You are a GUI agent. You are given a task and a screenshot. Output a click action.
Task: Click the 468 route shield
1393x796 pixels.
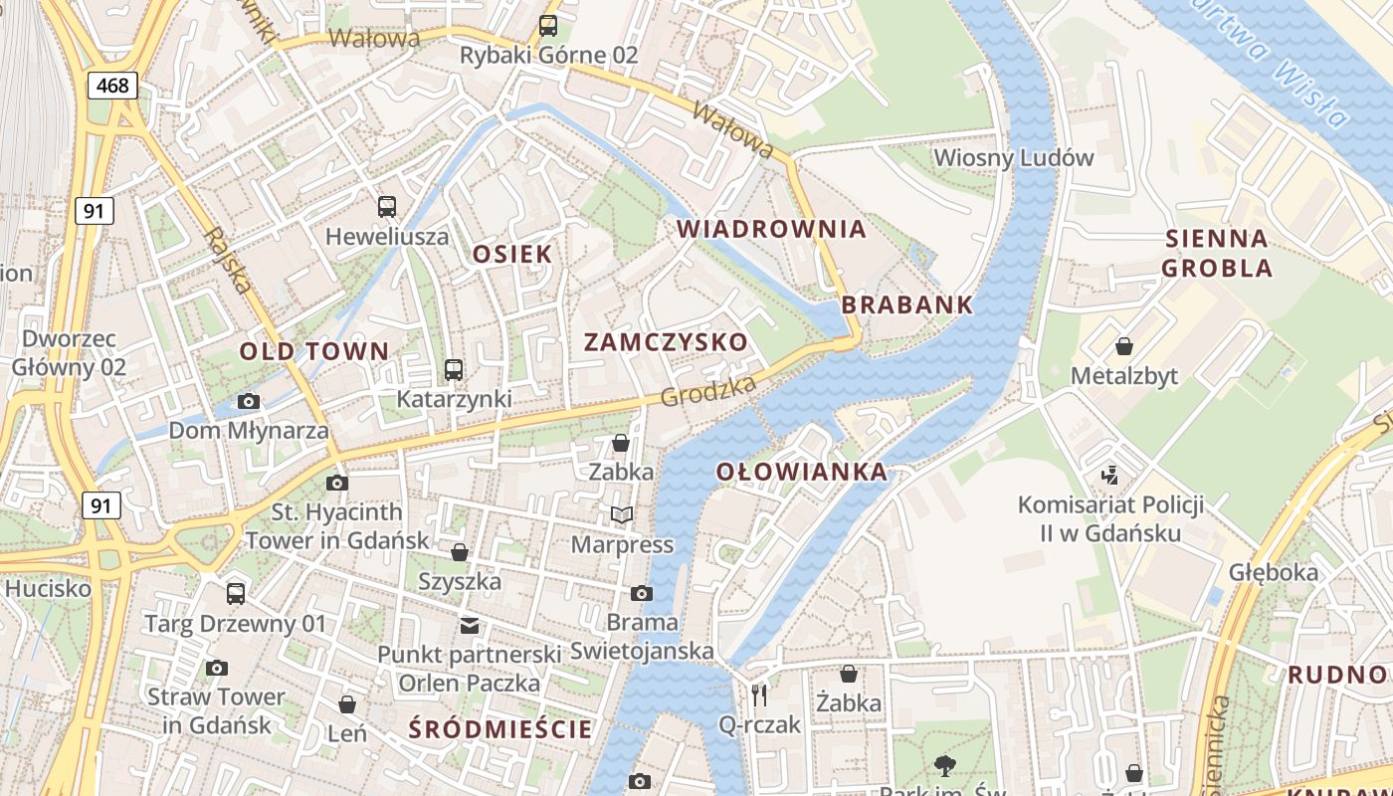click(112, 86)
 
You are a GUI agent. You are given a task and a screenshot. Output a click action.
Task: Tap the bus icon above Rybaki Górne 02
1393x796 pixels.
click(548, 25)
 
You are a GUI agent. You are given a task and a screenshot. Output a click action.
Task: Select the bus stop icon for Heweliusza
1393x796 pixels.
click(387, 207)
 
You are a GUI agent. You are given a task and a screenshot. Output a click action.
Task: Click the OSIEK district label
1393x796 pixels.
click(511, 254)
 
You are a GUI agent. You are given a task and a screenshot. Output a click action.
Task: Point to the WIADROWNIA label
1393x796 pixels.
click(771, 229)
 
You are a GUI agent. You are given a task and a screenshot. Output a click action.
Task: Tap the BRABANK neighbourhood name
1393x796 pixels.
click(906, 305)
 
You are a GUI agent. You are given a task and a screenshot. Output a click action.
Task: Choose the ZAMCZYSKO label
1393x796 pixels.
click(666, 342)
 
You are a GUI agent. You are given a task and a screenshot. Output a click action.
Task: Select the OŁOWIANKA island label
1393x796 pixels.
click(801, 472)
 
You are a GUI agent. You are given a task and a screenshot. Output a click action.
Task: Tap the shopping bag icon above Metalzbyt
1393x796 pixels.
click(1124, 346)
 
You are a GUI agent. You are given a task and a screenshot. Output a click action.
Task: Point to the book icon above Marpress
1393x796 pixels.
click(622, 514)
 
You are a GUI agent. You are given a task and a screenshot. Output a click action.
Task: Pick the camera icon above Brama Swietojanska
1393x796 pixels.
click(642, 593)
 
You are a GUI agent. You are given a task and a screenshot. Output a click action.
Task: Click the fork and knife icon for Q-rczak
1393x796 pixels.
click(760, 695)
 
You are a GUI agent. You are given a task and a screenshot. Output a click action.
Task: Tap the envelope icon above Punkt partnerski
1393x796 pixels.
click(469, 625)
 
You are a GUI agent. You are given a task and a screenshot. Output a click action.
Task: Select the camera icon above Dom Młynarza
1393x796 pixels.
click(249, 401)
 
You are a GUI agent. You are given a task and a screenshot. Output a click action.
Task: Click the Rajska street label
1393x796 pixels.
click(228, 261)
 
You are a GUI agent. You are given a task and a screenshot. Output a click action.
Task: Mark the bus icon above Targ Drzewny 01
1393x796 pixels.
click(236, 593)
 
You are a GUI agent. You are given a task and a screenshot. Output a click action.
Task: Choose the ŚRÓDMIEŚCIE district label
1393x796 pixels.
click(500, 729)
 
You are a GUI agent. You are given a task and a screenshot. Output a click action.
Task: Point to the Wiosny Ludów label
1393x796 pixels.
click(1013, 157)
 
